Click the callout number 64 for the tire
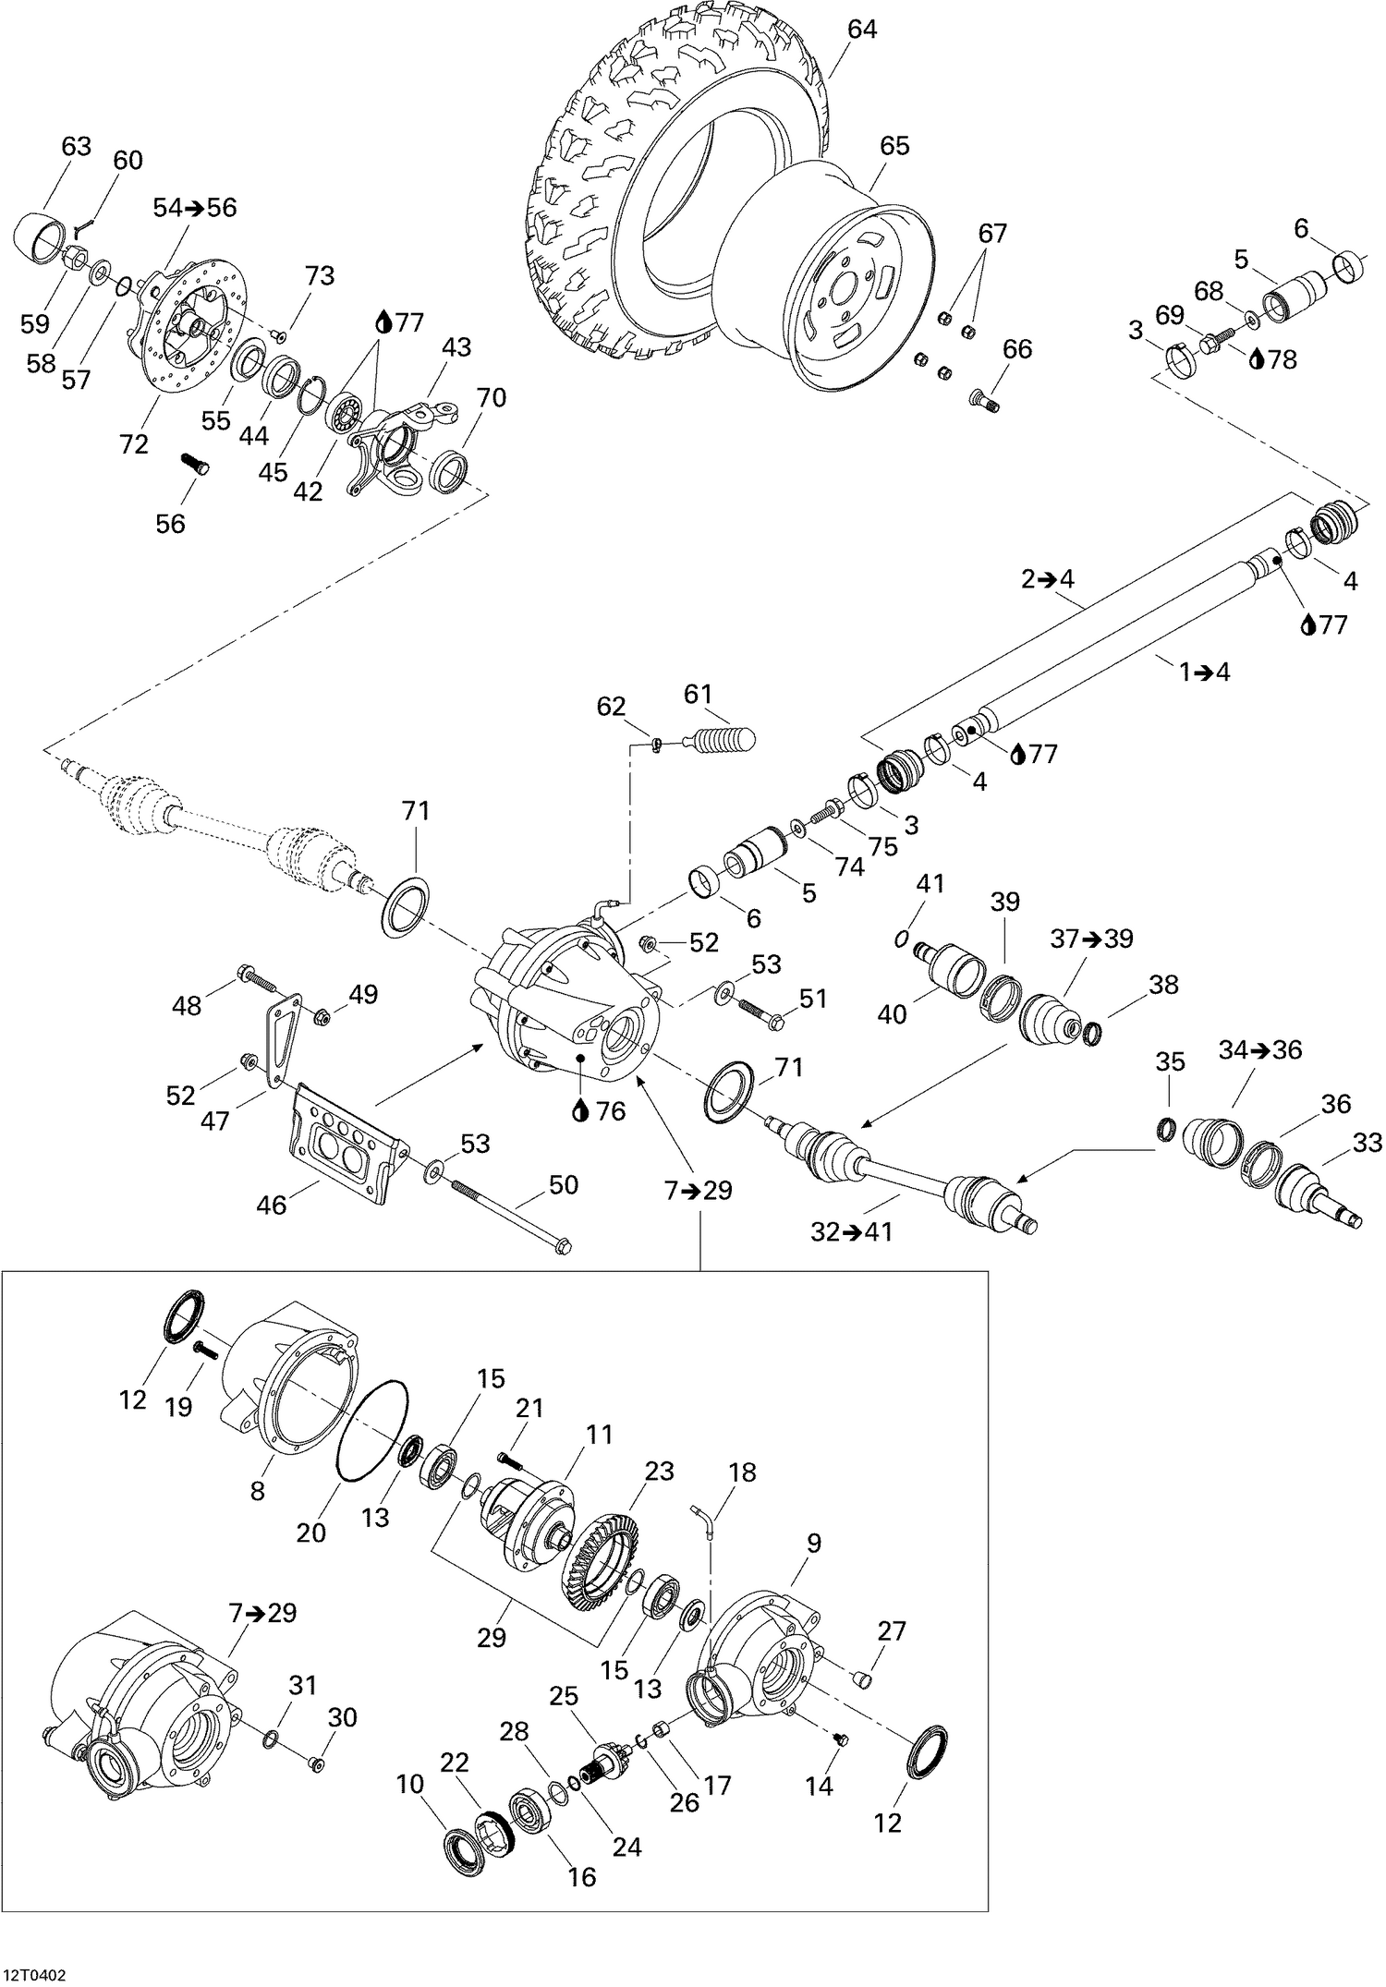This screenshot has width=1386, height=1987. (861, 30)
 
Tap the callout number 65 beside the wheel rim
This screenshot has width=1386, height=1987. (894, 146)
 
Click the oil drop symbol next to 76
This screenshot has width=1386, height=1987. (579, 1111)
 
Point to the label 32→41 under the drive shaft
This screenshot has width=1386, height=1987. (851, 1231)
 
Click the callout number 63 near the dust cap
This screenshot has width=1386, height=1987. (77, 146)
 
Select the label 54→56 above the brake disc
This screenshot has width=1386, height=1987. (195, 208)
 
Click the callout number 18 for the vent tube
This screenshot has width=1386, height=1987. (742, 1472)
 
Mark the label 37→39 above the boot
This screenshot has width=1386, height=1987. (1091, 939)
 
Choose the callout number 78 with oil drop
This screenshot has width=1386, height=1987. (1282, 359)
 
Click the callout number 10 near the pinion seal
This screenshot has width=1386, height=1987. (410, 1785)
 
